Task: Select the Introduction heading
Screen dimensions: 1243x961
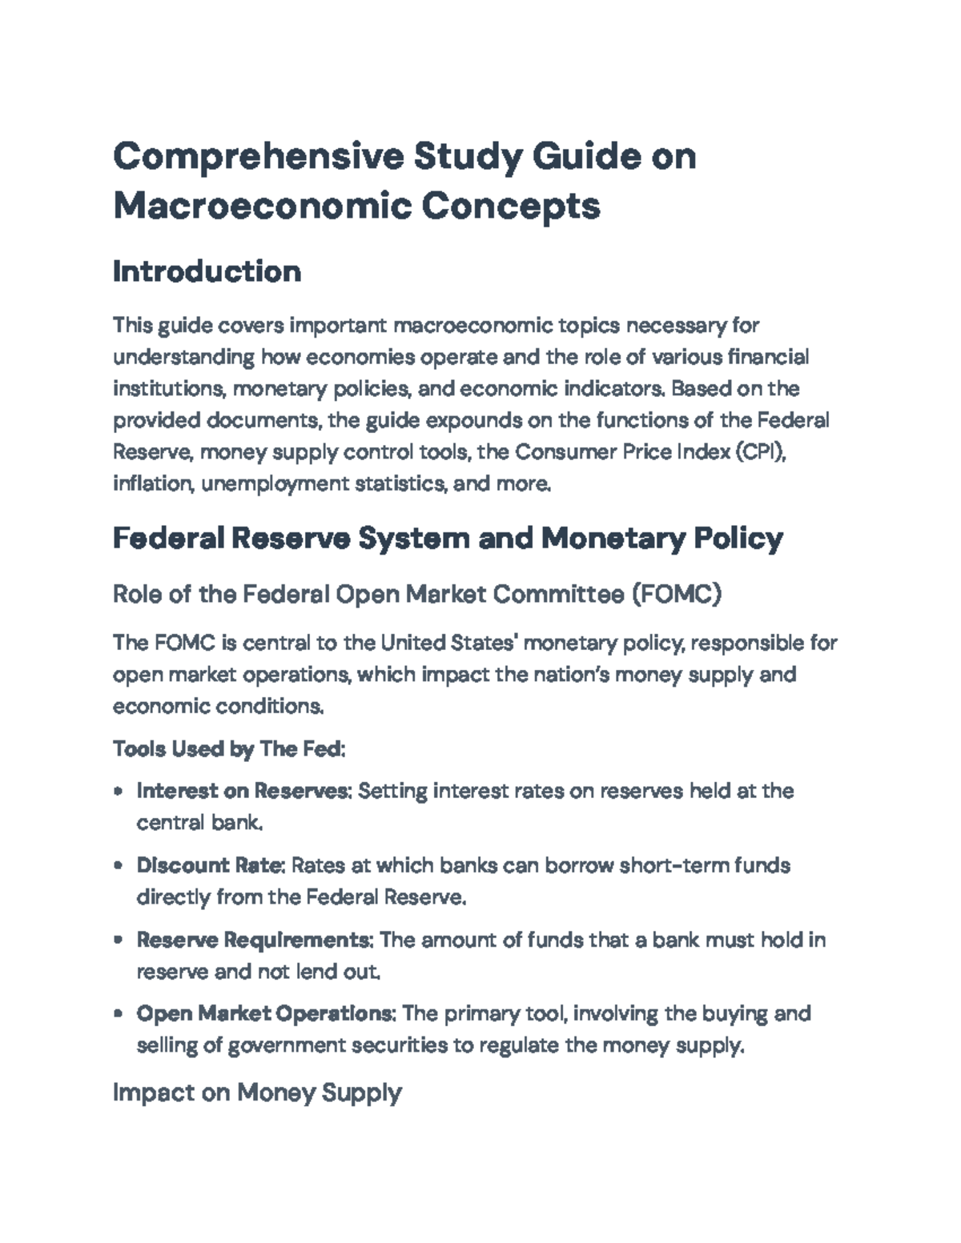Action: coord(207,272)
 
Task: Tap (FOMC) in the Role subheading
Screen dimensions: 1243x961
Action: coord(676,595)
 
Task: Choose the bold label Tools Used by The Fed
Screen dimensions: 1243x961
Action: coord(229,749)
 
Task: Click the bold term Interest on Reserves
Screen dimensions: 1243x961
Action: coord(243,791)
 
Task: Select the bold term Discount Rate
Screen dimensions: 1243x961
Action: coord(211,865)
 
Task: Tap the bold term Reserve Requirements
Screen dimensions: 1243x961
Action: coord(255,940)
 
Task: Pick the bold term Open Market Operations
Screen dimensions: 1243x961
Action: coord(266,1013)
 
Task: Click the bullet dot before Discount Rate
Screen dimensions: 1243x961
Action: coord(119,866)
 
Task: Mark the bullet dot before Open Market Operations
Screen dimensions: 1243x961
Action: coord(119,1014)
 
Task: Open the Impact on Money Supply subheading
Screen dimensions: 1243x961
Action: coord(256,1093)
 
